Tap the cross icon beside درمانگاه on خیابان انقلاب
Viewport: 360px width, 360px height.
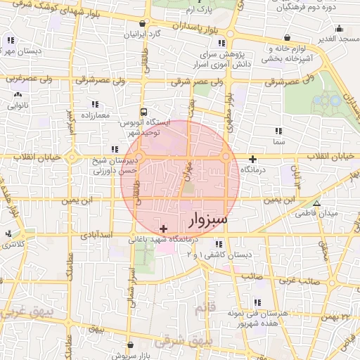point(252,159)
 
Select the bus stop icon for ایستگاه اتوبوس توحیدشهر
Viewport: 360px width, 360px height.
point(144,111)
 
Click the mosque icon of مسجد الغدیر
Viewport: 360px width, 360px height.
point(340,30)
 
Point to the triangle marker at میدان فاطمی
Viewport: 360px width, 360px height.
point(317,203)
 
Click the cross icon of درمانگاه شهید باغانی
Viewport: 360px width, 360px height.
point(164,229)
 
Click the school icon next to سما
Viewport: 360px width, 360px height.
point(279,130)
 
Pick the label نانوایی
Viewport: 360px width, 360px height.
point(17,105)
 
